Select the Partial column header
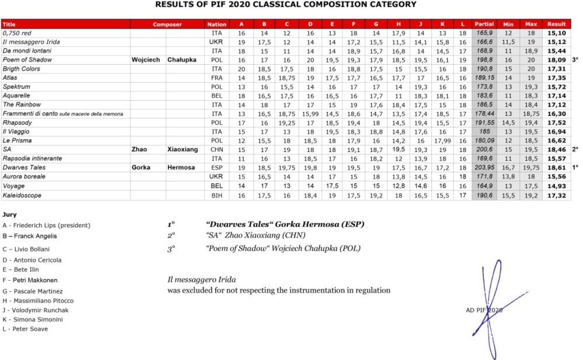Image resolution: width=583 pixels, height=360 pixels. [x=484, y=24]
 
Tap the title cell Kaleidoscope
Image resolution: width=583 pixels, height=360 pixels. [x=22, y=196]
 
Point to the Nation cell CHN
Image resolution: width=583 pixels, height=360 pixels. [x=217, y=149]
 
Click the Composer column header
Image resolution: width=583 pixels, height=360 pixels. [x=167, y=24]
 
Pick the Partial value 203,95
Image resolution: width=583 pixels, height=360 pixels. [x=484, y=167]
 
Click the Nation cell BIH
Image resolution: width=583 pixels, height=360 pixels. [x=217, y=196]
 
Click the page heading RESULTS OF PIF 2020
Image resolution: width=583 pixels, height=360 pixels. [x=286, y=5]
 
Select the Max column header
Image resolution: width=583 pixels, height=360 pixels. [x=531, y=24]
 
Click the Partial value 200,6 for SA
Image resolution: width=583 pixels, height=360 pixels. [x=484, y=149]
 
